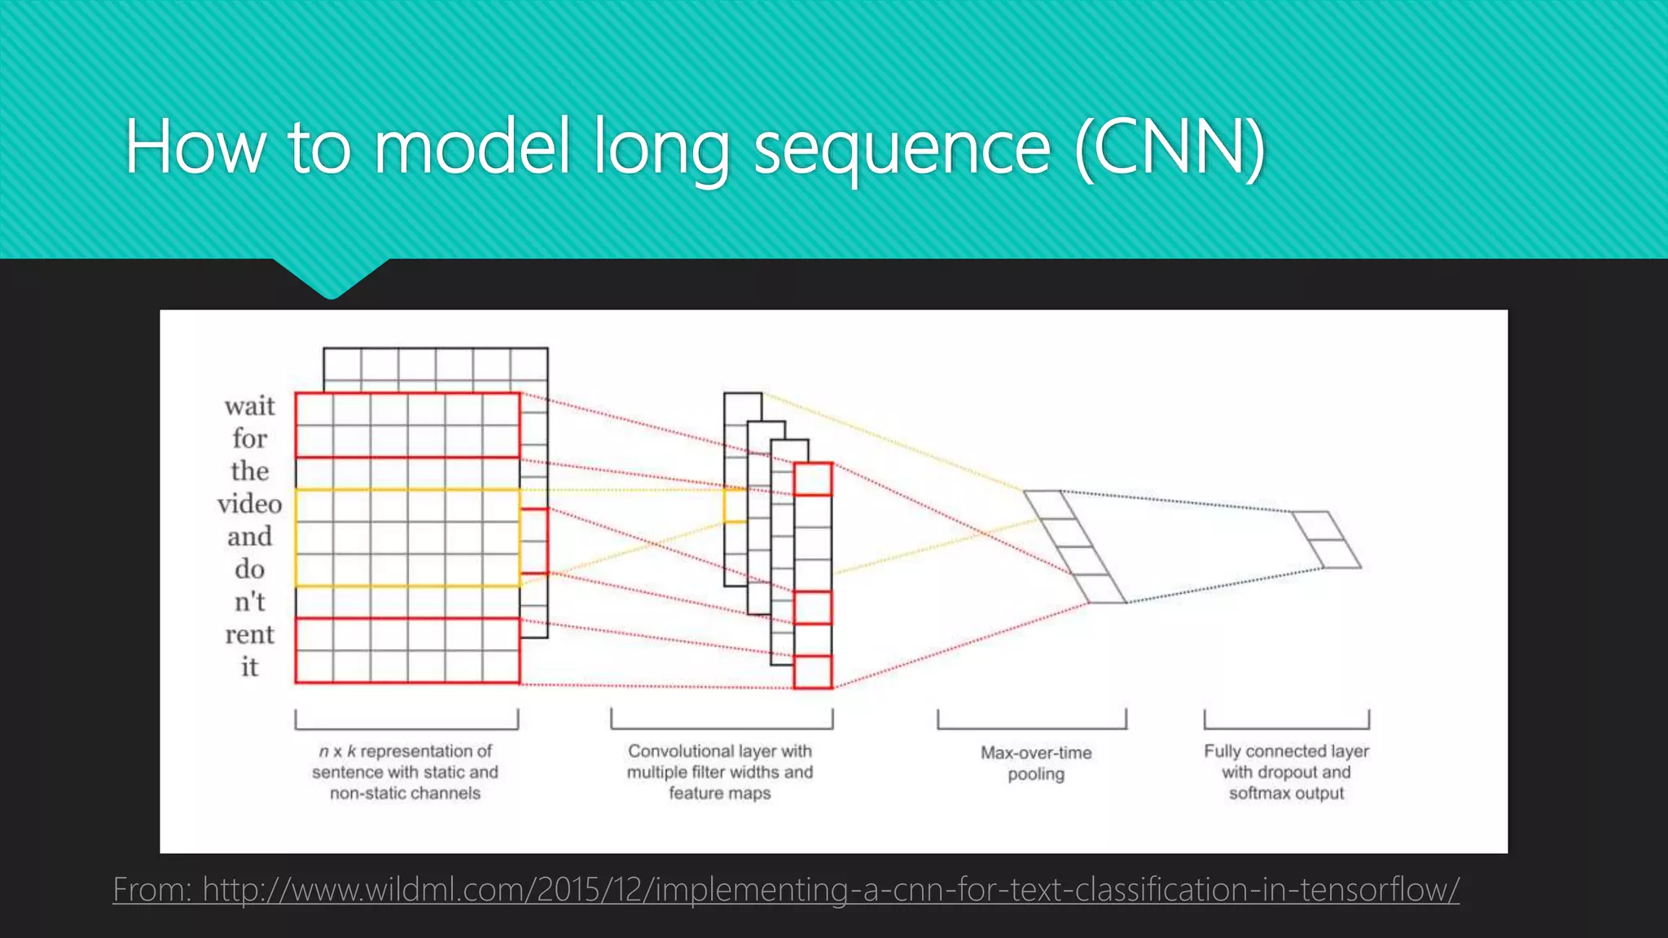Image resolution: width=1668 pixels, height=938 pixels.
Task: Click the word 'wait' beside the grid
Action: click(249, 405)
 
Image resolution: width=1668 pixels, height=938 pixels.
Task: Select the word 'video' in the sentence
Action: click(249, 504)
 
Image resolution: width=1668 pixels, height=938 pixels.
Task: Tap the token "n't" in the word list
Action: click(249, 602)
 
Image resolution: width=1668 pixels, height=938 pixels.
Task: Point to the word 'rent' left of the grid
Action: click(249, 634)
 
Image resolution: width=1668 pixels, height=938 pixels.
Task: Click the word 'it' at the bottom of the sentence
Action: click(249, 667)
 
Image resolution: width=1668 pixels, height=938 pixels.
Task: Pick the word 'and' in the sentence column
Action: click(249, 537)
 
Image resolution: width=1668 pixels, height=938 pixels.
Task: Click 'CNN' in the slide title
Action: click(1170, 147)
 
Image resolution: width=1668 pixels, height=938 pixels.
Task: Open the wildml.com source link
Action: click(786, 889)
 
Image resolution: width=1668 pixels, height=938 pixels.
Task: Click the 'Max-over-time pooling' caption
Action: click(1036, 763)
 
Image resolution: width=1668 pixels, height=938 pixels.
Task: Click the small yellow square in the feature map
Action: click(735, 506)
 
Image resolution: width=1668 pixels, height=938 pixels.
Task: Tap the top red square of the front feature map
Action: click(813, 480)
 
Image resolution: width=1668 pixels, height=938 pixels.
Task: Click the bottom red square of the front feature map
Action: click(813, 672)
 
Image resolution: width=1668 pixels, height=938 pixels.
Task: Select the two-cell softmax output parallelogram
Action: click(1326, 540)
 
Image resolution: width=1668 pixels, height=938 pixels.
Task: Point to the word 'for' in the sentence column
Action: click(249, 438)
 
